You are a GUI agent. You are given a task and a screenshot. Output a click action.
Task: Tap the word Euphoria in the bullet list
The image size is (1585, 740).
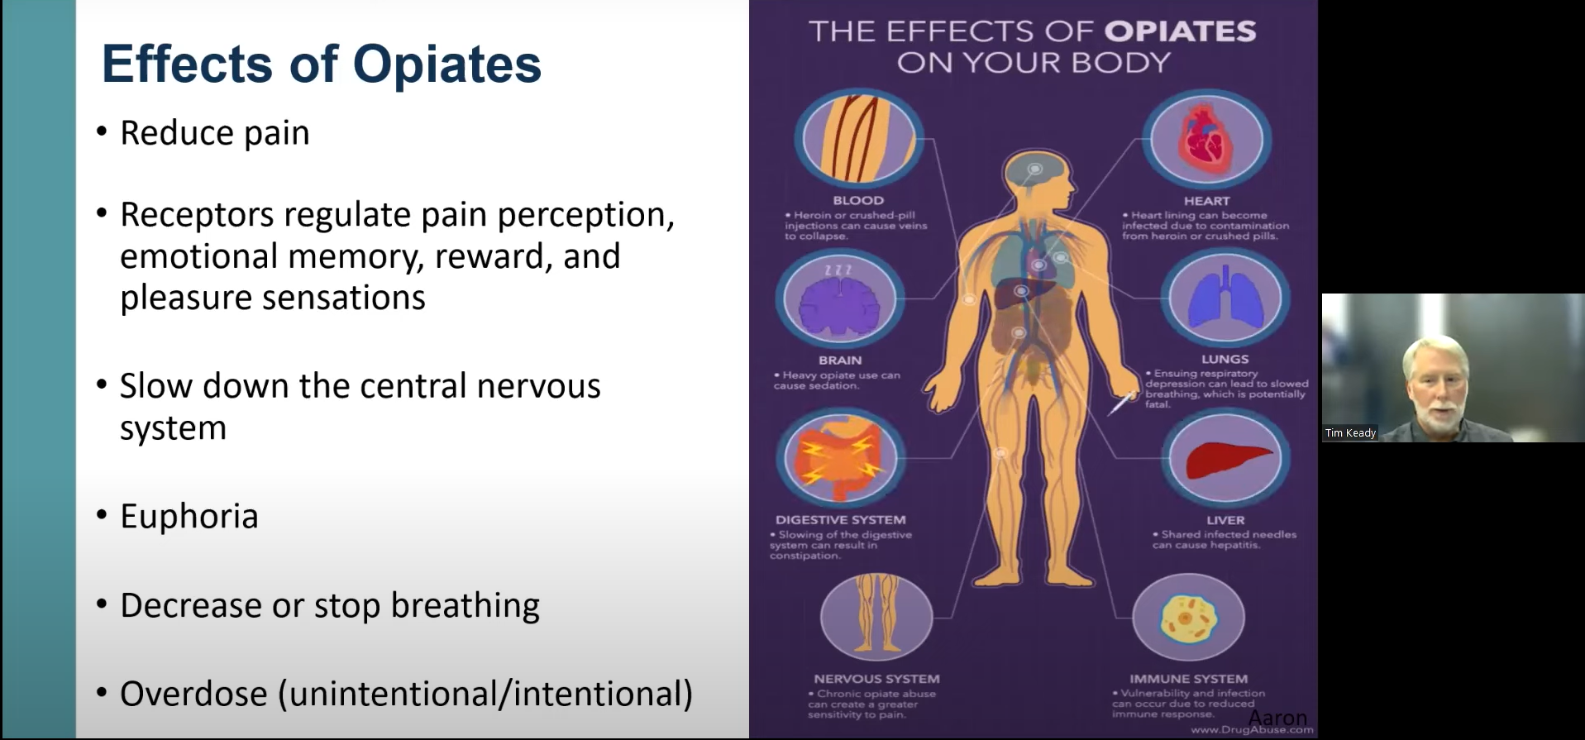click(x=189, y=517)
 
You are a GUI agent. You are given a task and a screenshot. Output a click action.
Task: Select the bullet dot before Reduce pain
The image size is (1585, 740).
click(x=102, y=132)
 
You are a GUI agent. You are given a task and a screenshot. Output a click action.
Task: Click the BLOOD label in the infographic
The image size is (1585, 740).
click(x=858, y=200)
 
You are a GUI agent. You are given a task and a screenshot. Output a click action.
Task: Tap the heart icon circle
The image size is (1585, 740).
click(x=1206, y=139)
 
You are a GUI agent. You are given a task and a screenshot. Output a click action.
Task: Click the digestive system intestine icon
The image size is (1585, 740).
click(x=840, y=460)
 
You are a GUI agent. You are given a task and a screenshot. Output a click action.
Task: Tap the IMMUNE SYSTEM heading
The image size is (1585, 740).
click(x=1188, y=679)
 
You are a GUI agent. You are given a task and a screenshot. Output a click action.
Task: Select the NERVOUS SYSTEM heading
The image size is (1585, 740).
click(x=876, y=679)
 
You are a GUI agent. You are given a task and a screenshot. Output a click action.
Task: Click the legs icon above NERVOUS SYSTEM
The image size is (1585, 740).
click(x=876, y=616)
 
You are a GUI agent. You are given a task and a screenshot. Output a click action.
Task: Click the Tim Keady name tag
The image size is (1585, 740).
click(x=1350, y=432)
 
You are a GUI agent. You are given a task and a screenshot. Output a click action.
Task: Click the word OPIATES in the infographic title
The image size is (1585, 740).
click(x=1180, y=31)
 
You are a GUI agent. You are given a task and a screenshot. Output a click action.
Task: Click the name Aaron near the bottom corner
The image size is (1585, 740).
click(x=1277, y=717)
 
